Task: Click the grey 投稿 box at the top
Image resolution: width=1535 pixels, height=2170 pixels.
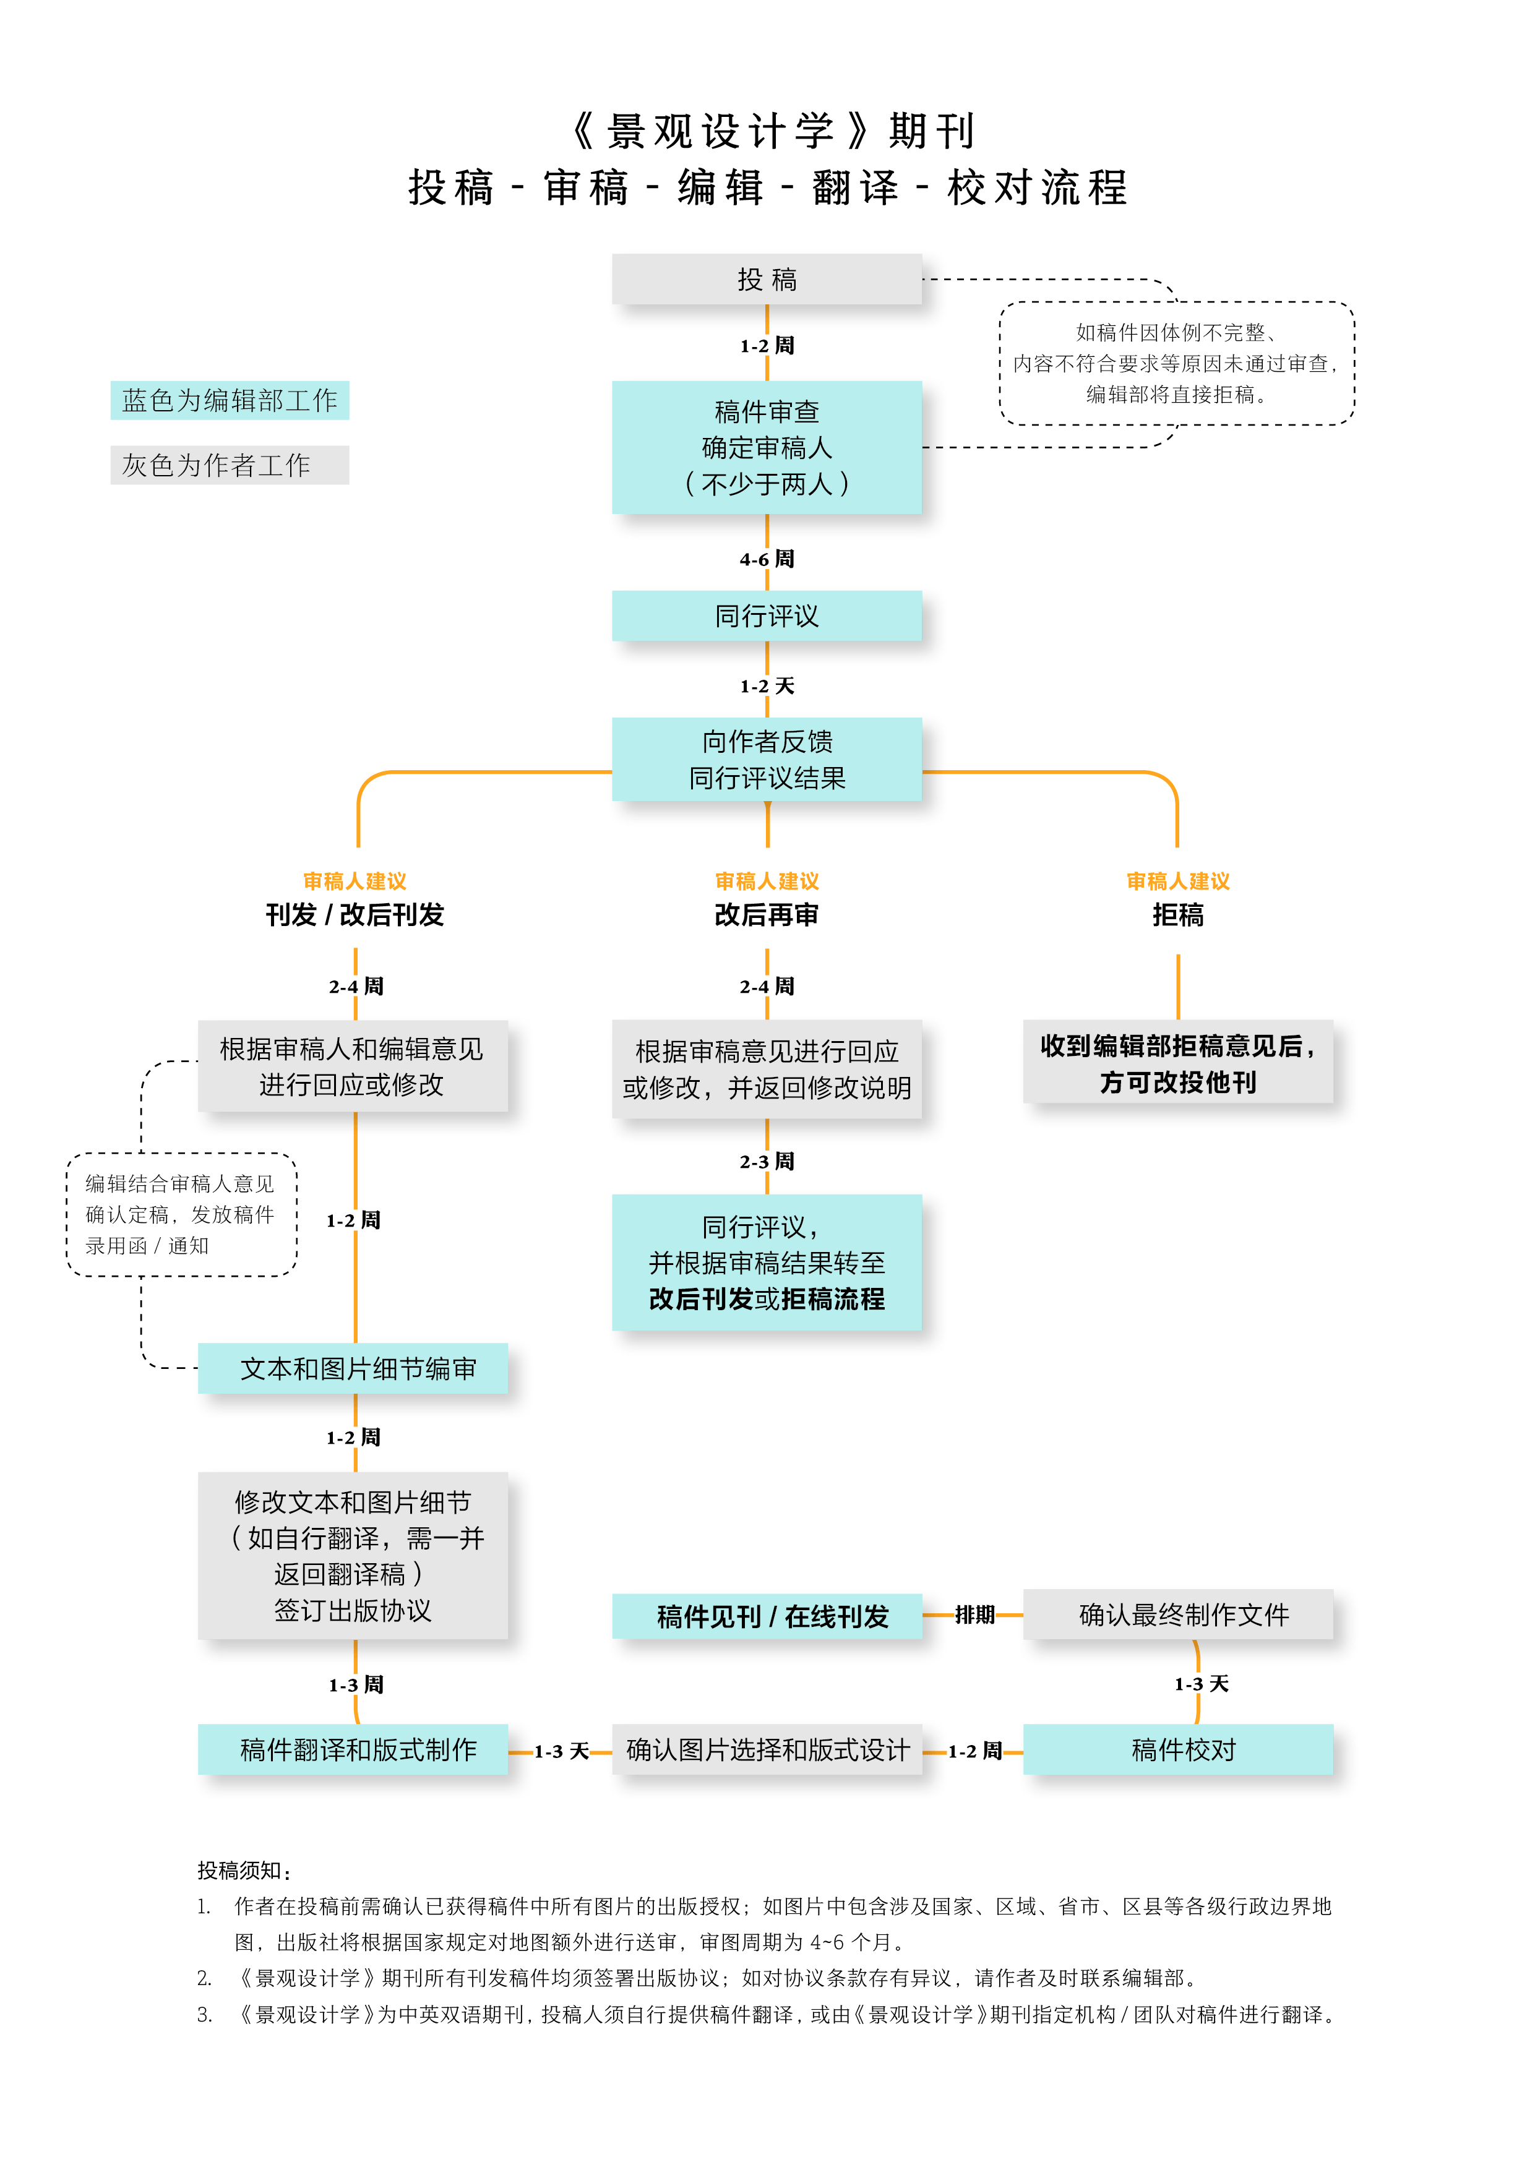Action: [767, 279]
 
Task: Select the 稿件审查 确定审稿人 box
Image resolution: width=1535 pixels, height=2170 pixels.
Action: [767, 447]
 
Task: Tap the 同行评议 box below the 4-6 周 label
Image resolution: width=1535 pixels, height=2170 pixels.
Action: [767, 616]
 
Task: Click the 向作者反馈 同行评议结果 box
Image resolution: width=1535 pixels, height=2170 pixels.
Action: [767, 759]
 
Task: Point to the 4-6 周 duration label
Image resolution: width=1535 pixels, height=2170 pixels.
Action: [767, 559]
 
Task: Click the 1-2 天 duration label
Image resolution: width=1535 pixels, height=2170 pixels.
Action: [767, 685]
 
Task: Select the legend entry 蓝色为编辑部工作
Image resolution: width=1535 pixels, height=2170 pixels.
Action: [230, 400]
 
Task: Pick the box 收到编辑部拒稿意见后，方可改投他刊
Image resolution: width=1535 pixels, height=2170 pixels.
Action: [1178, 1062]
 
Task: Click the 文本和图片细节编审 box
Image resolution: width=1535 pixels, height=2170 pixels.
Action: [353, 1368]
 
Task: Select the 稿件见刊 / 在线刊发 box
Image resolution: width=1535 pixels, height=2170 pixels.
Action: [767, 1616]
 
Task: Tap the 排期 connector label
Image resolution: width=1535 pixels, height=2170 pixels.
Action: [974, 1615]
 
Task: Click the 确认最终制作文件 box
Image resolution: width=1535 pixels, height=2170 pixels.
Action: [1178, 1615]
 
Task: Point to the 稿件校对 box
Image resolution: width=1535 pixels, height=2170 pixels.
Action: [1178, 1749]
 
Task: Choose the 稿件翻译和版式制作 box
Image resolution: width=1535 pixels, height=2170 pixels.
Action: [353, 1749]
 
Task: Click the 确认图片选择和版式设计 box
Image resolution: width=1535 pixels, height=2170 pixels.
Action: [767, 1749]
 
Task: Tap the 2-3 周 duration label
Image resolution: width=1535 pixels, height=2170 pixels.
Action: [767, 1160]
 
